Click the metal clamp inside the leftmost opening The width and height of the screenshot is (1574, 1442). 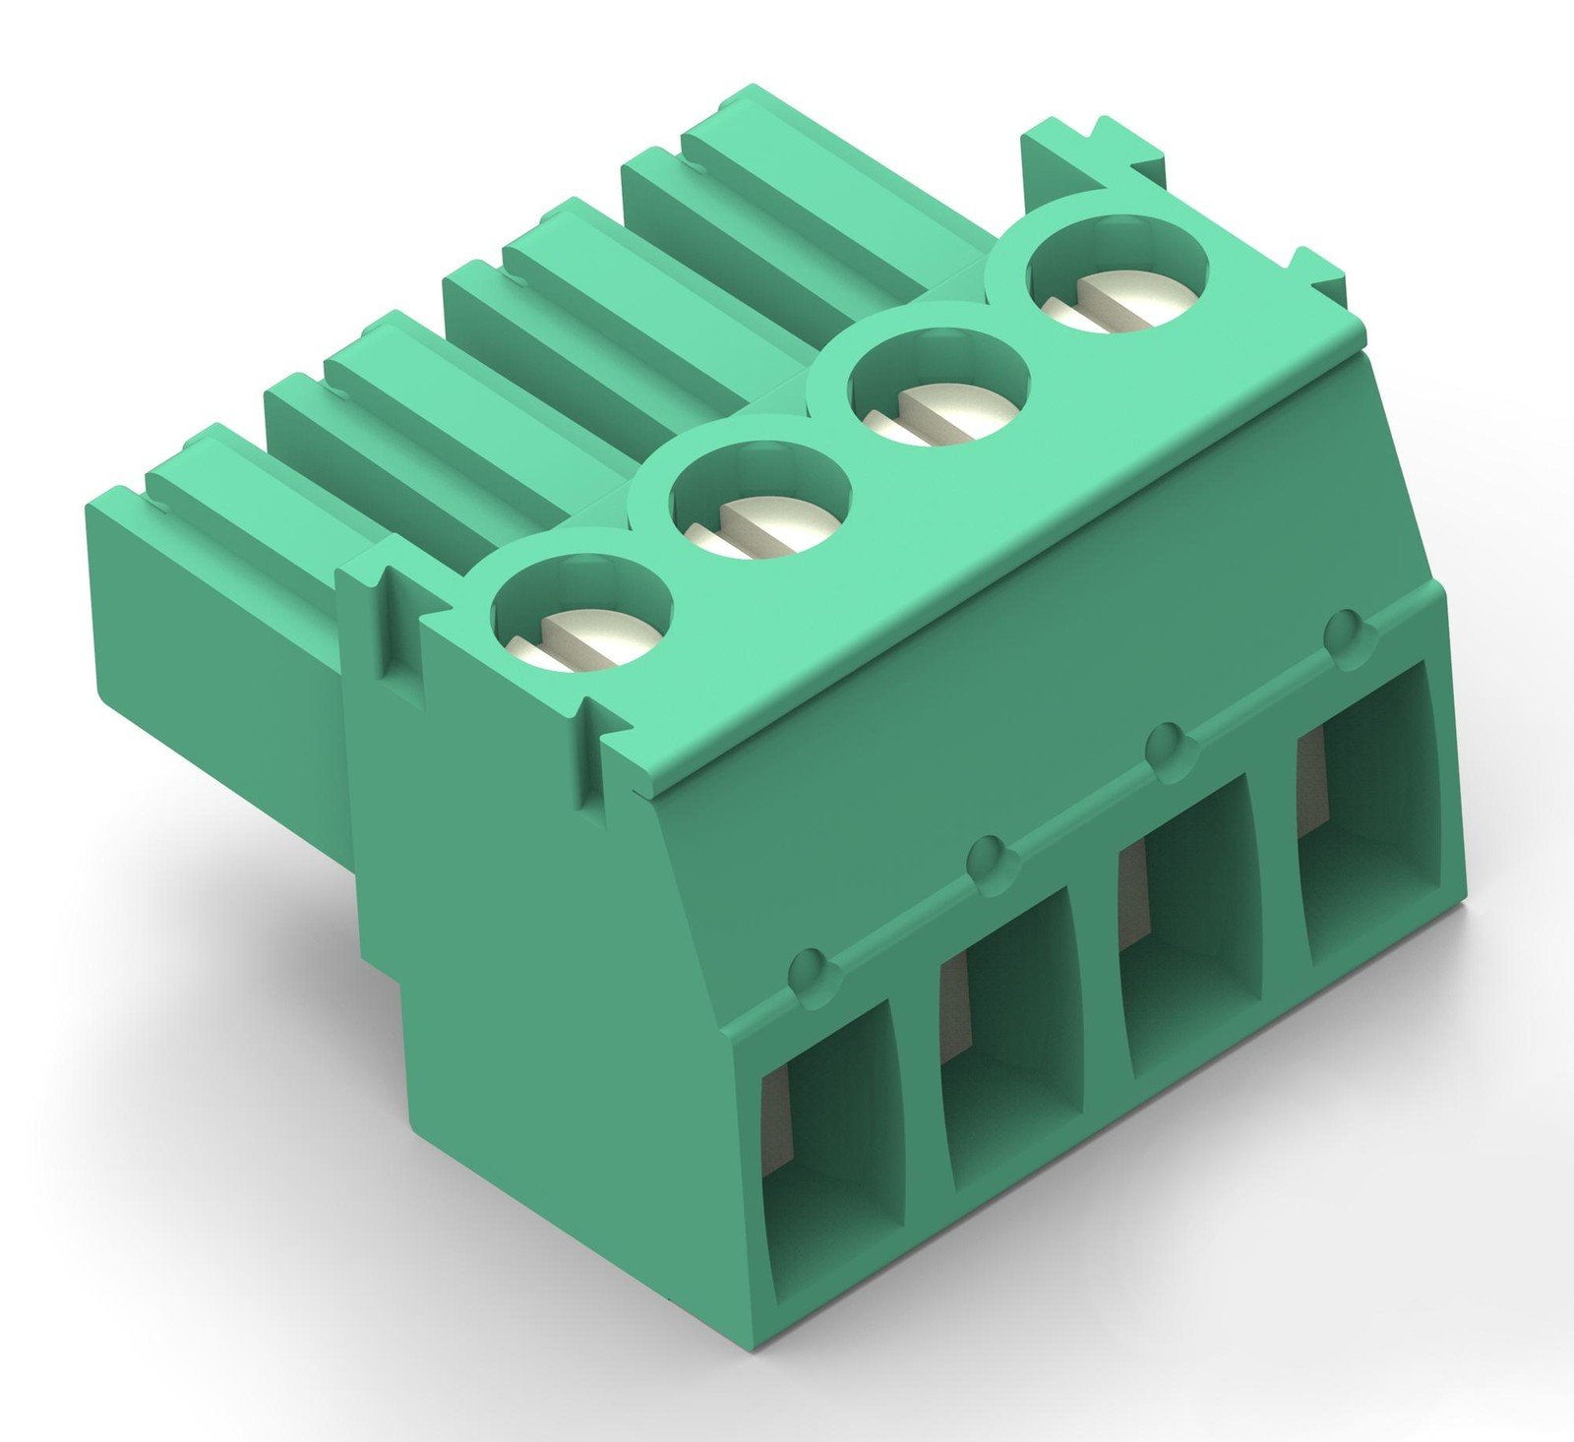[776, 1121]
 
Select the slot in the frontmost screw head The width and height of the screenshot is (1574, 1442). [580, 634]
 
